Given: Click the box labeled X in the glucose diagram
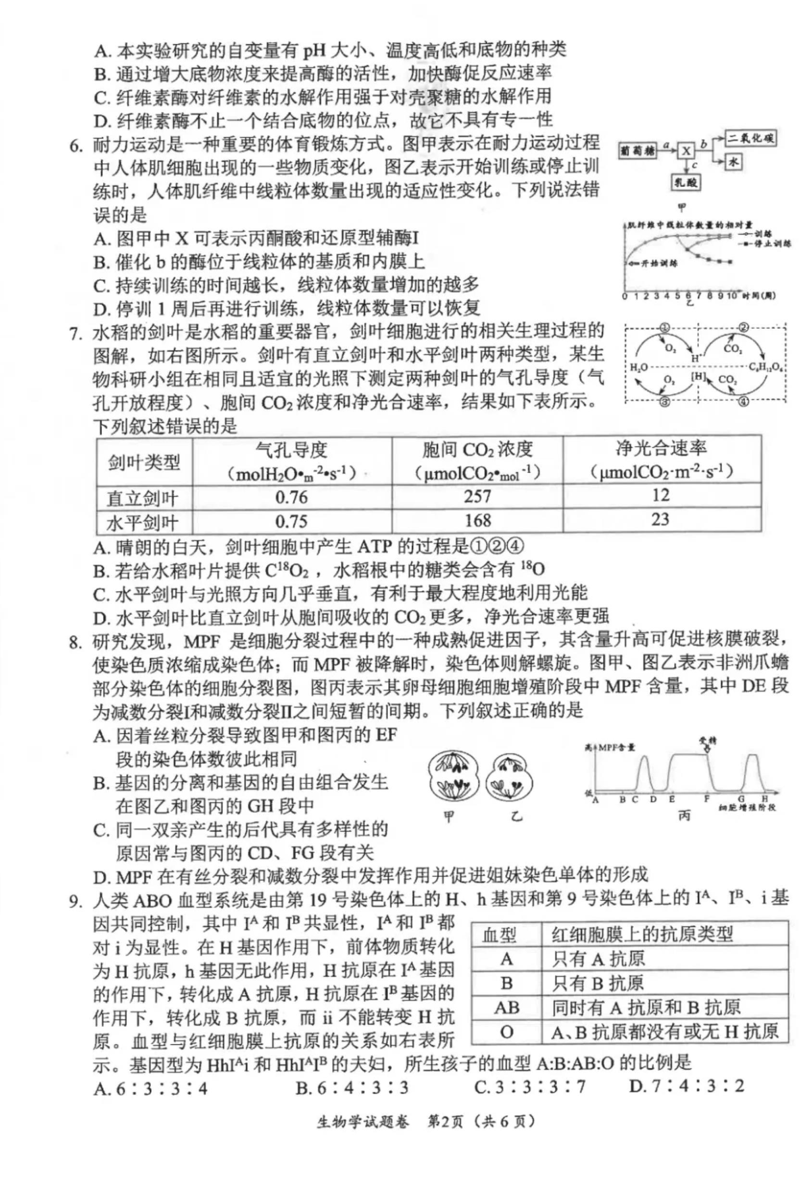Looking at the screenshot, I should [686, 150].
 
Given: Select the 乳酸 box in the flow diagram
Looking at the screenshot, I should [686, 182].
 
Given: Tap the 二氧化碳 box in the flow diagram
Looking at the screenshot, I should [751, 138].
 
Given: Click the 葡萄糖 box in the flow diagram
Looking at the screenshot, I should [638, 150].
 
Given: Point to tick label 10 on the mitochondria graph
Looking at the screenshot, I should [732, 296].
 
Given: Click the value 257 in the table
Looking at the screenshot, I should [477, 496].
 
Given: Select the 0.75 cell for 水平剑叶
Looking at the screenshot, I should [291, 521].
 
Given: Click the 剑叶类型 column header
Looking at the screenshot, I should [144, 463].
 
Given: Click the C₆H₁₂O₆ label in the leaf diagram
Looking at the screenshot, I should [767, 366].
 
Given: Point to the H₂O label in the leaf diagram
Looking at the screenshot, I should [639, 367].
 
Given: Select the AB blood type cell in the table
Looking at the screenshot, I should [506, 1008].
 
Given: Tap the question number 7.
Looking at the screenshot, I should [75, 335].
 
